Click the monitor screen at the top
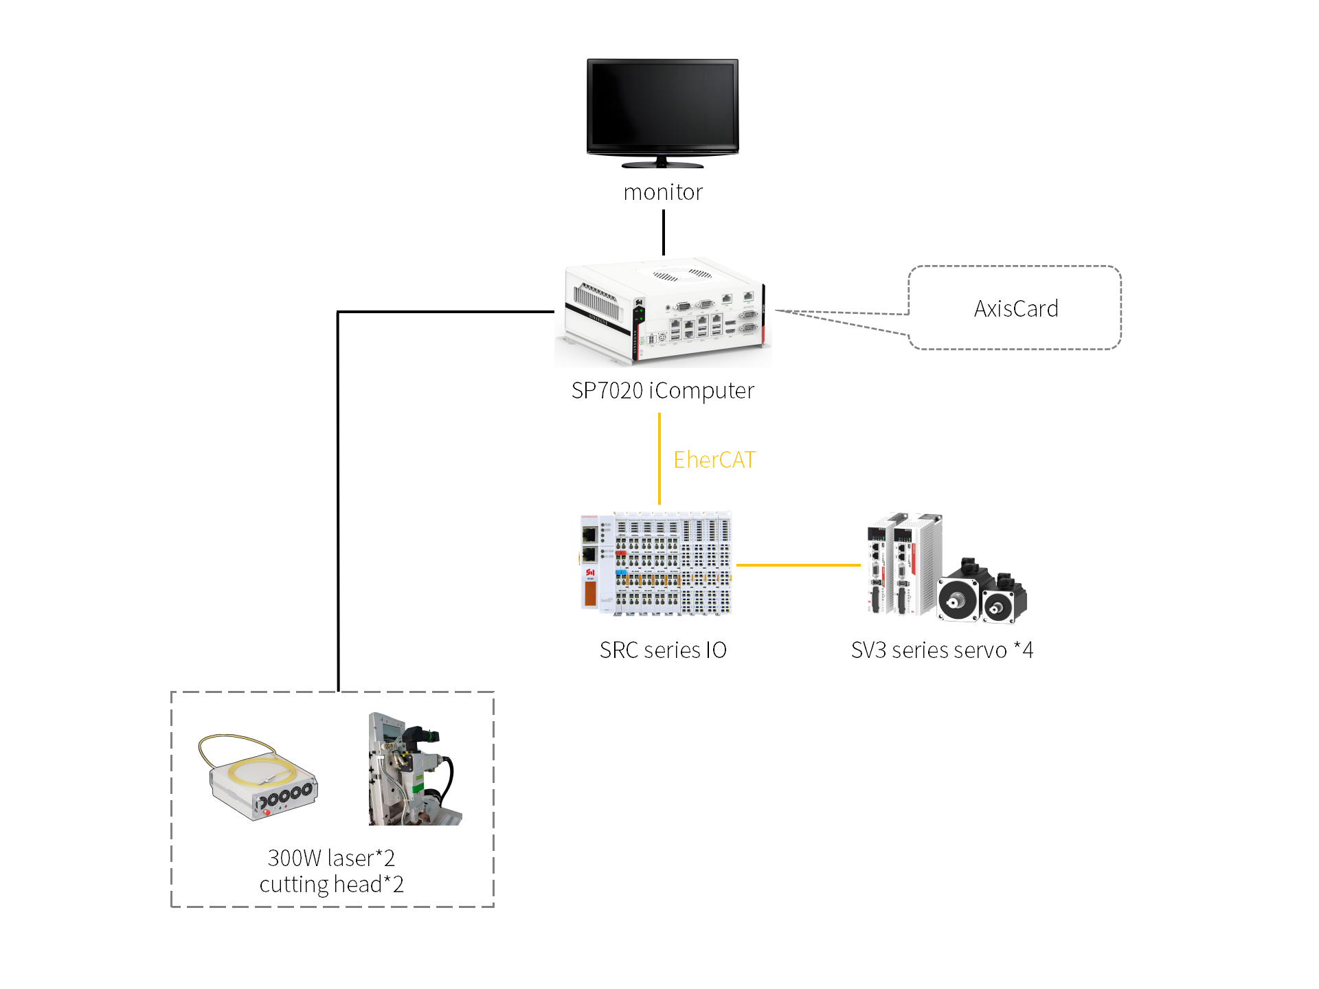point(662,105)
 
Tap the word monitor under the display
point(663,192)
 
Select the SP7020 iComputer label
point(663,391)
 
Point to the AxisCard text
point(1016,309)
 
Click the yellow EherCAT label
point(714,460)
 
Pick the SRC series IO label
point(663,650)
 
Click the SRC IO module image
point(656,563)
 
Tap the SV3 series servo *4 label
point(942,650)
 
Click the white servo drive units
point(903,563)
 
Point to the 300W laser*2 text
point(331,858)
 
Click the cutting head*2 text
point(331,885)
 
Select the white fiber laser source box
point(264,783)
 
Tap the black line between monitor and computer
point(663,232)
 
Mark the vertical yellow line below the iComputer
point(659,459)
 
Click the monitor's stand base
point(662,165)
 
